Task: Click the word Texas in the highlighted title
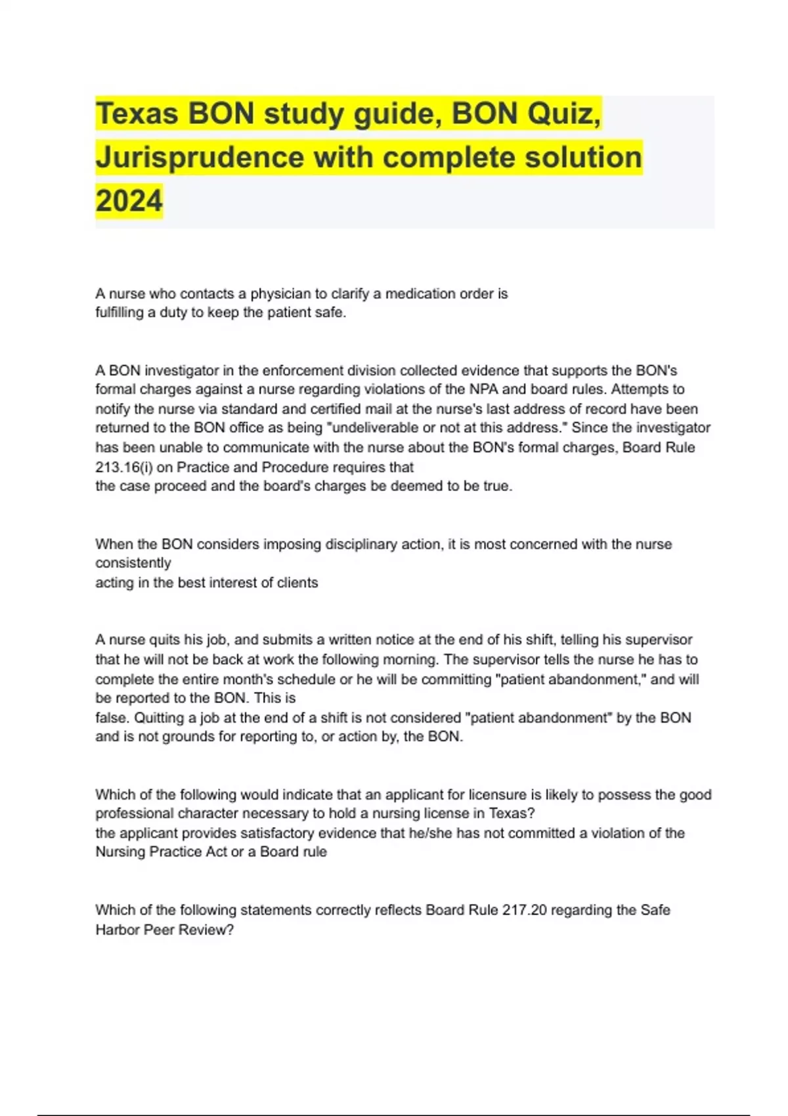(x=137, y=114)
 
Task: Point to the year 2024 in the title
(x=129, y=201)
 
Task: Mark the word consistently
(x=133, y=563)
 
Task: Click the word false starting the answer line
(x=112, y=718)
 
